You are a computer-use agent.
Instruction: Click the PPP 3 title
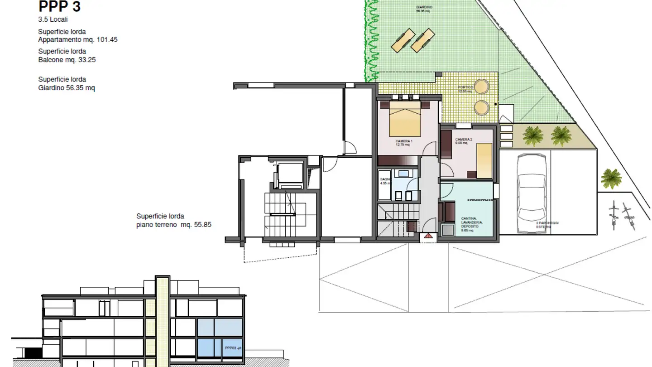pos(59,7)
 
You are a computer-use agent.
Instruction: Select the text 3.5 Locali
pos(53,19)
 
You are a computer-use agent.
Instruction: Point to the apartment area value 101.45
pos(107,40)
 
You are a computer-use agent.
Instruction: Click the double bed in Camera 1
pos(405,119)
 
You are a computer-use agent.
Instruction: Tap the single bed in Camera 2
pos(484,160)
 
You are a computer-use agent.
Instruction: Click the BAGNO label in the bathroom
pos(384,179)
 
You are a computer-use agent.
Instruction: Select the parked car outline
pos(531,187)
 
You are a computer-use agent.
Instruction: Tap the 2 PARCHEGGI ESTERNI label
pos(542,225)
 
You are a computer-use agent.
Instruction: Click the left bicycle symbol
pos(614,211)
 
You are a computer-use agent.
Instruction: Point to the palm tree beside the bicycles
pos(611,178)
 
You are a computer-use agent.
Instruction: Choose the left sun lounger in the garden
pos(403,40)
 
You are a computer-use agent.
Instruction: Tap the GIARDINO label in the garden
pos(424,7)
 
